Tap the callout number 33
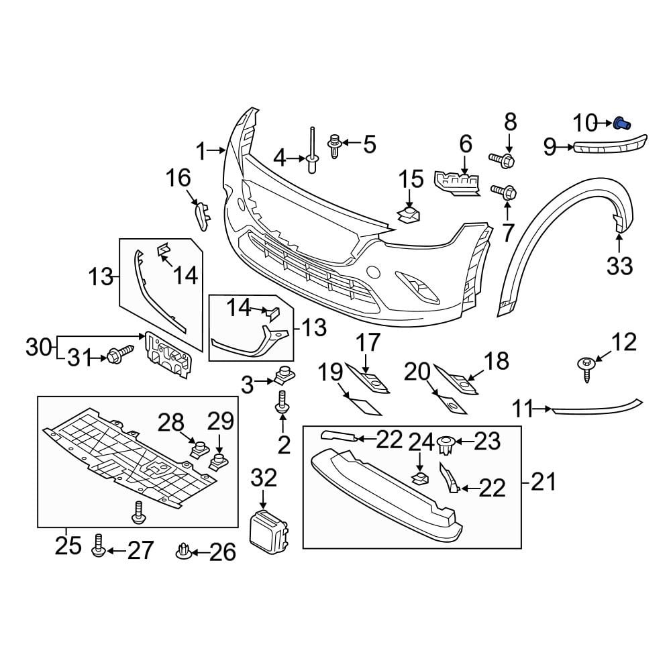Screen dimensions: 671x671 tap(619, 266)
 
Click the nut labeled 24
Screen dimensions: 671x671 tap(419, 478)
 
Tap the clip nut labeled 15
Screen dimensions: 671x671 tap(408, 215)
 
